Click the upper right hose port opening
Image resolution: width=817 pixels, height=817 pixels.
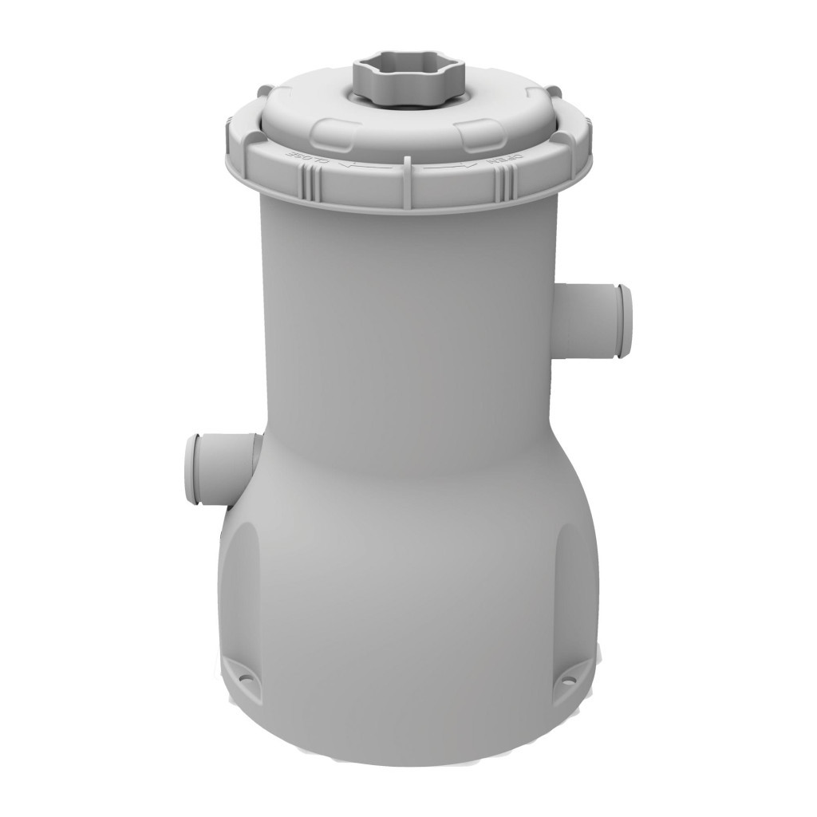click(624, 321)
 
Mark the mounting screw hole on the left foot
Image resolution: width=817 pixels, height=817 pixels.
click(245, 680)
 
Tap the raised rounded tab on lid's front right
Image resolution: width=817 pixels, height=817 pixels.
click(479, 134)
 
